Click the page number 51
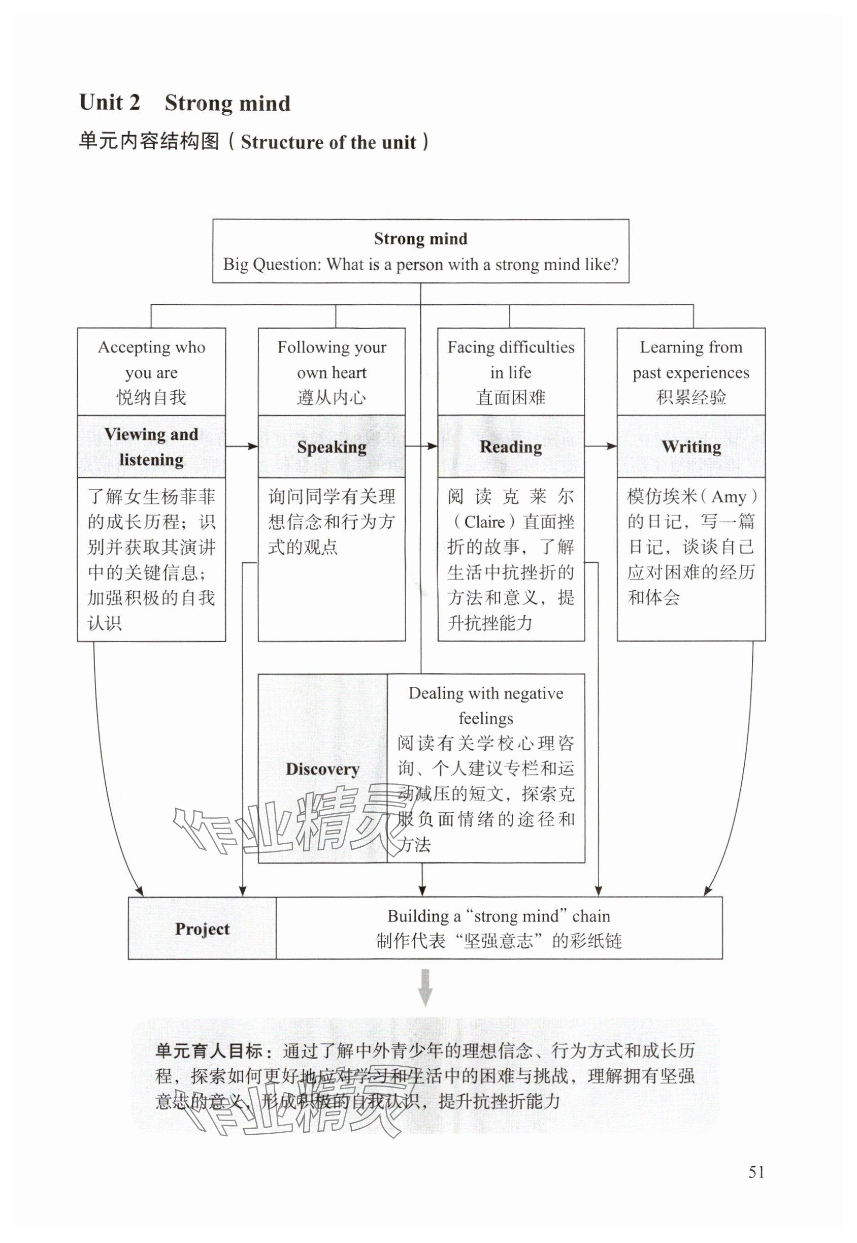pyautogui.click(x=756, y=1171)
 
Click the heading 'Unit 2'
pyautogui.click(x=110, y=102)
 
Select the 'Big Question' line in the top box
pyautogui.click(x=420, y=264)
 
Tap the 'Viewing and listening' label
pyautogui.click(x=151, y=447)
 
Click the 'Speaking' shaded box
pyautogui.click(x=332, y=447)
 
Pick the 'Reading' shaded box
pyautogui.click(x=511, y=447)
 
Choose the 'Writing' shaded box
pyautogui.click(x=690, y=447)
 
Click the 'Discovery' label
pyautogui.click(x=322, y=769)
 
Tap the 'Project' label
pyautogui.click(x=202, y=928)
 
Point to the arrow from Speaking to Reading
pyautogui.click(x=421, y=446)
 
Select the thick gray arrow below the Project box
pyautogui.click(x=425, y=987)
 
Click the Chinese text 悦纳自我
pyautogui.click(x=151, y=398)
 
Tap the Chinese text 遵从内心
pyautogui.click(x=332, y=398)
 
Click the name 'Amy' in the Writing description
pyautogui.click(x=729, y=497)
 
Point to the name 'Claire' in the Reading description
pyautogui.click(x=484, y=522)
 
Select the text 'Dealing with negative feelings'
pyautogui.click(x=485, y=705)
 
